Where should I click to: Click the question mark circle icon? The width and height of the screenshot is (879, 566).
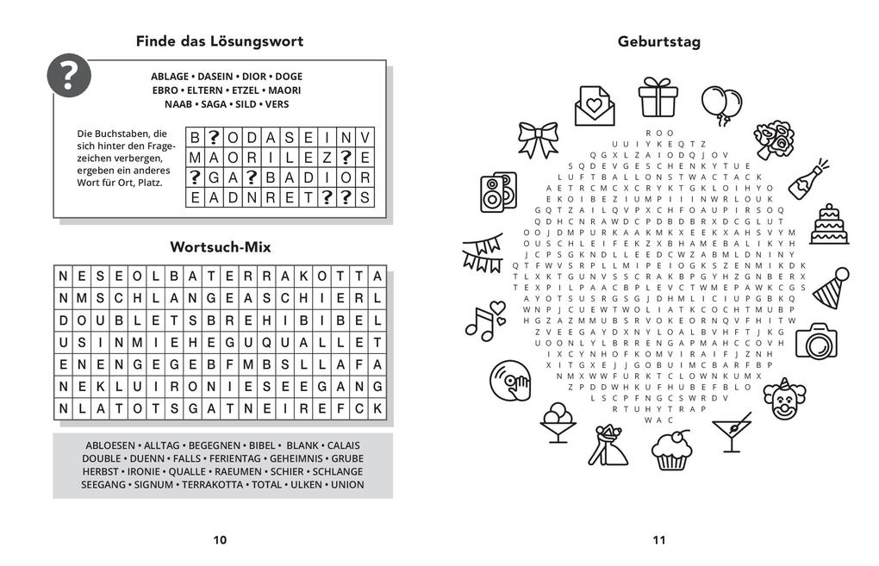coord(69,75)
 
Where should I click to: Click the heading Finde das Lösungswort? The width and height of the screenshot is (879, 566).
coord(220,41)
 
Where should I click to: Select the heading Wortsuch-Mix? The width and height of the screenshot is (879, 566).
coord(221,247)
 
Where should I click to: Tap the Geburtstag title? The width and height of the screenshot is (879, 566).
coord(659,41)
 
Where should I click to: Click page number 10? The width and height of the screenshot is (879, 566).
coord(220,540)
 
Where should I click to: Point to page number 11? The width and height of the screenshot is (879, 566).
coord(659,540)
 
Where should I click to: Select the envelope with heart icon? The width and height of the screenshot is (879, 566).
coord(595,105)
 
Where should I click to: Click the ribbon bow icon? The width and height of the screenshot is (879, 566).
coord(539,140)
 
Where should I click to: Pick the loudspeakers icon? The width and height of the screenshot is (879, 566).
coord(498,191)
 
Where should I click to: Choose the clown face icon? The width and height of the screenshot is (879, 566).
coord(782,399)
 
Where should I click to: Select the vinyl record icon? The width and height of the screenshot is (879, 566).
coord(509,381)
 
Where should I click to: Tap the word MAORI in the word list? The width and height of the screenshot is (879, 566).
coord(284,90)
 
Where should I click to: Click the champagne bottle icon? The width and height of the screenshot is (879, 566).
coord(807,177)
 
